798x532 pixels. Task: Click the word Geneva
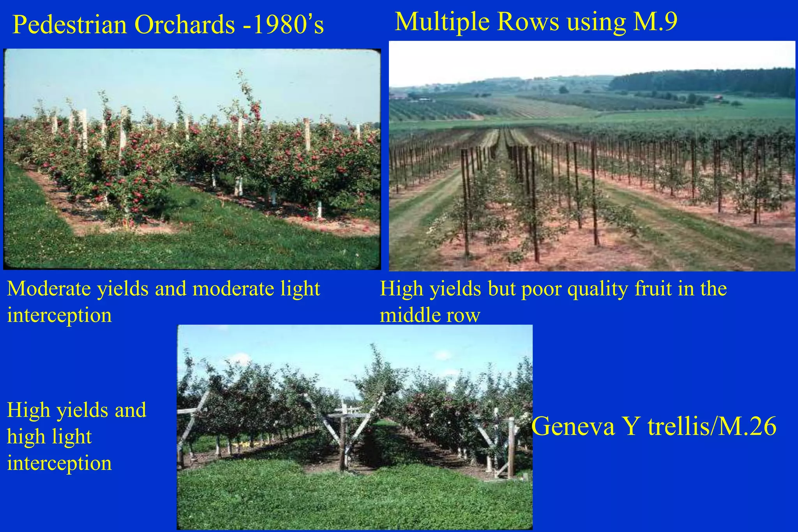click(573, 426)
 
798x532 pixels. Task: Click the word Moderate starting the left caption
click(49, 289)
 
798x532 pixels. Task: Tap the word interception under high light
click(59, 463)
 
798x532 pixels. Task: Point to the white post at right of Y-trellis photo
click(511, 448)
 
